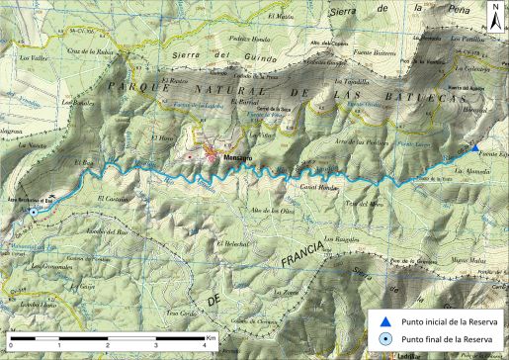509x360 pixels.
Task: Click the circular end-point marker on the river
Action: pyautogui.click(x=34, y=212)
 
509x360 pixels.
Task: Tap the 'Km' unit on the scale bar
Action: pyautogui.click(x=212, y=337)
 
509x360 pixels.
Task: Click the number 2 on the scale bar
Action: pyautogui.click(x=109, y=344)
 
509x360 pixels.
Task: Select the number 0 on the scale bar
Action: pyautogui.click(x=8, y=344)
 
